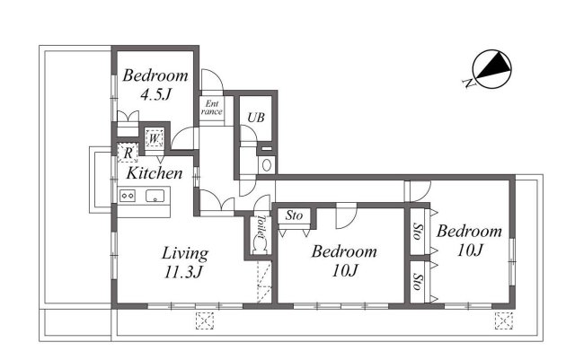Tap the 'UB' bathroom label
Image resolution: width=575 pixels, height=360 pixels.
[x=255, y=116]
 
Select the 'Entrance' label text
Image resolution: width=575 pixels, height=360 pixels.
[x=211, y=108]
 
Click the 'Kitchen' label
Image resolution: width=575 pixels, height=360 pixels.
[x=154, y=173]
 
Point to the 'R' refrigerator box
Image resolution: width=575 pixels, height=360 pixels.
[x=128, y=153]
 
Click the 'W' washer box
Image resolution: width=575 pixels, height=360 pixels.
[x=154, y=139]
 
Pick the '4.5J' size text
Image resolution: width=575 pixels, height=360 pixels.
[x=155, y=95]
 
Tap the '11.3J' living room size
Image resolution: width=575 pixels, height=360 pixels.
[x=185, y=273]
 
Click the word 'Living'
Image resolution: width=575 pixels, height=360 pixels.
[x=185, y=252]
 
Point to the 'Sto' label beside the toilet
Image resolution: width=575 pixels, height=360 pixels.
[x=294, y=215]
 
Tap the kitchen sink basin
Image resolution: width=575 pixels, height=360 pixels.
[x=156, y=198]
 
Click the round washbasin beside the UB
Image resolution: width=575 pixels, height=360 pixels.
[x=267, y=165]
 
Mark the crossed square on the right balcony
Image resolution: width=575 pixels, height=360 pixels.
[x=503, y=319]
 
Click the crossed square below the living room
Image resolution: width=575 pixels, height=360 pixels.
[x=205, y=320]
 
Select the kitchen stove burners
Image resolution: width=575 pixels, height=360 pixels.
[x=126, y=197]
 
